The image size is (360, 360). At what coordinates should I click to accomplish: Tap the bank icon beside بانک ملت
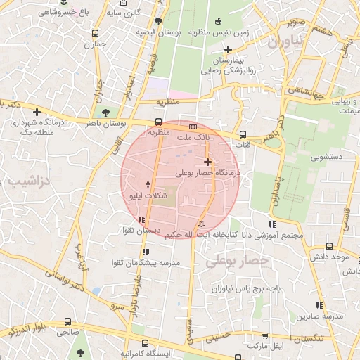[x=193, y=127]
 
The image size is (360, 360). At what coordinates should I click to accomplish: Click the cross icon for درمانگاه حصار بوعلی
[x=207, y=162]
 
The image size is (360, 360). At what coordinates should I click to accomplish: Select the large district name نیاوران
[x=285, y=42]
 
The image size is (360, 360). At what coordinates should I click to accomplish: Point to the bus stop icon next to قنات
[x=243, y=134]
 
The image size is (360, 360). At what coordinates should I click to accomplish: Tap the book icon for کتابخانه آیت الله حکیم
[x=202, y=223]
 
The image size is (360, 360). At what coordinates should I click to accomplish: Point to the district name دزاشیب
[x=27, y=182]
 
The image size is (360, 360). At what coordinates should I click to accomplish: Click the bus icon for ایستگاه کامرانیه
[x=145, y=344]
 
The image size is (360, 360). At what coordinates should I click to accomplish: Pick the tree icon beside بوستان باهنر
[x=105, y=112]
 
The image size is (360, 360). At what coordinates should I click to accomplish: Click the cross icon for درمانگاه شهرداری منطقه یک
[x=37, y=111]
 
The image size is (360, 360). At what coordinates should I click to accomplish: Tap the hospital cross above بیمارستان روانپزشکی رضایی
[x=228, y=49]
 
